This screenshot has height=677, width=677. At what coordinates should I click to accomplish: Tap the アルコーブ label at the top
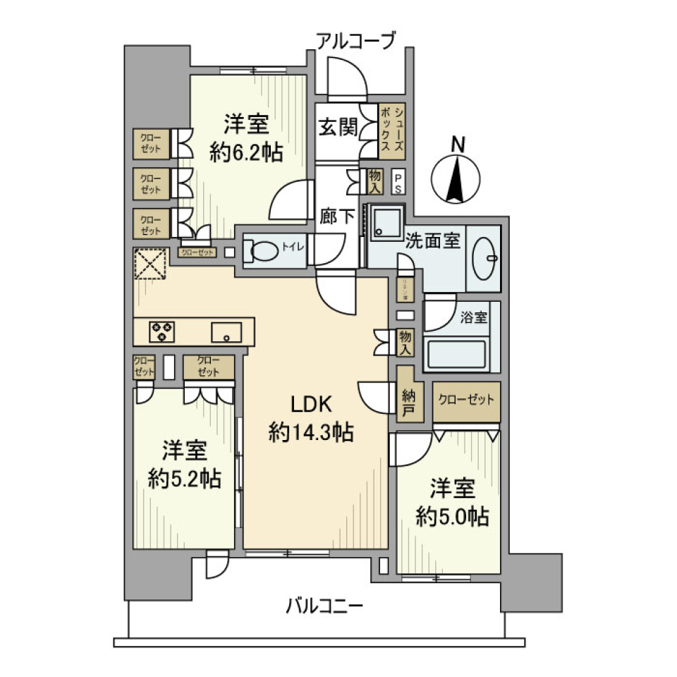[356, 41]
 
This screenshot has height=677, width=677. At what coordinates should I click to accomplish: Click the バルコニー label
[324, 605]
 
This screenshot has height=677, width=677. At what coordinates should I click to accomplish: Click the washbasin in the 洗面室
[485, 257]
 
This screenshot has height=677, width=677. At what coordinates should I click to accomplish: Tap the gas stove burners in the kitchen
[162, 331]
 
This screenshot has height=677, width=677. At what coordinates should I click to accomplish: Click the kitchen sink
[226, 331]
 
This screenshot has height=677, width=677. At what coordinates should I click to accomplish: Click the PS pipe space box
[398, 183]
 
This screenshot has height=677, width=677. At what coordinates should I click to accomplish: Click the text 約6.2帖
[246, 151]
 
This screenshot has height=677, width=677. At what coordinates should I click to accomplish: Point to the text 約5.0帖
[452, 516]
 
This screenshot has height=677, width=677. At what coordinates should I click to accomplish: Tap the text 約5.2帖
[184, 479]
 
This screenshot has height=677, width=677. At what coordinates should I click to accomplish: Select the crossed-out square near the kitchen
[150, 264]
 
